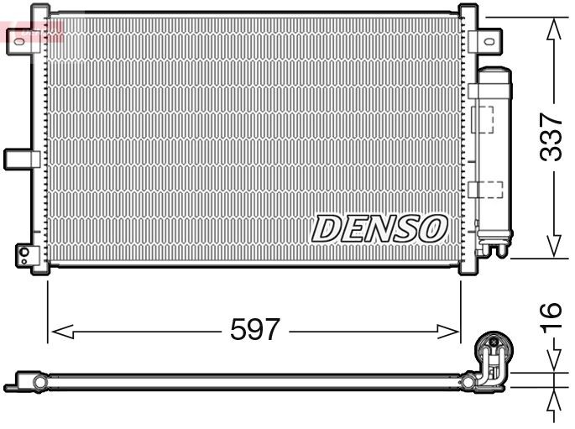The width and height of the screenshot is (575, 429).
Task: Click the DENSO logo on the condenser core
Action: [379, 228]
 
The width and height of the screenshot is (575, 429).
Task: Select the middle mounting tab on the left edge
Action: [21, 158]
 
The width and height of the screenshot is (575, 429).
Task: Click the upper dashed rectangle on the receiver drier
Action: [484, 118]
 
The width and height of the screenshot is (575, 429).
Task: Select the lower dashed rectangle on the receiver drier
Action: [485, 190]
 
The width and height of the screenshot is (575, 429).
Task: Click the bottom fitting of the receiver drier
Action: [492, 245]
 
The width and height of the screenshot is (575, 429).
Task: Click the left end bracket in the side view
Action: [25, 383]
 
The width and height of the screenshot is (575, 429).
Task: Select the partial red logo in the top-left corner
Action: [32, 32]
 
